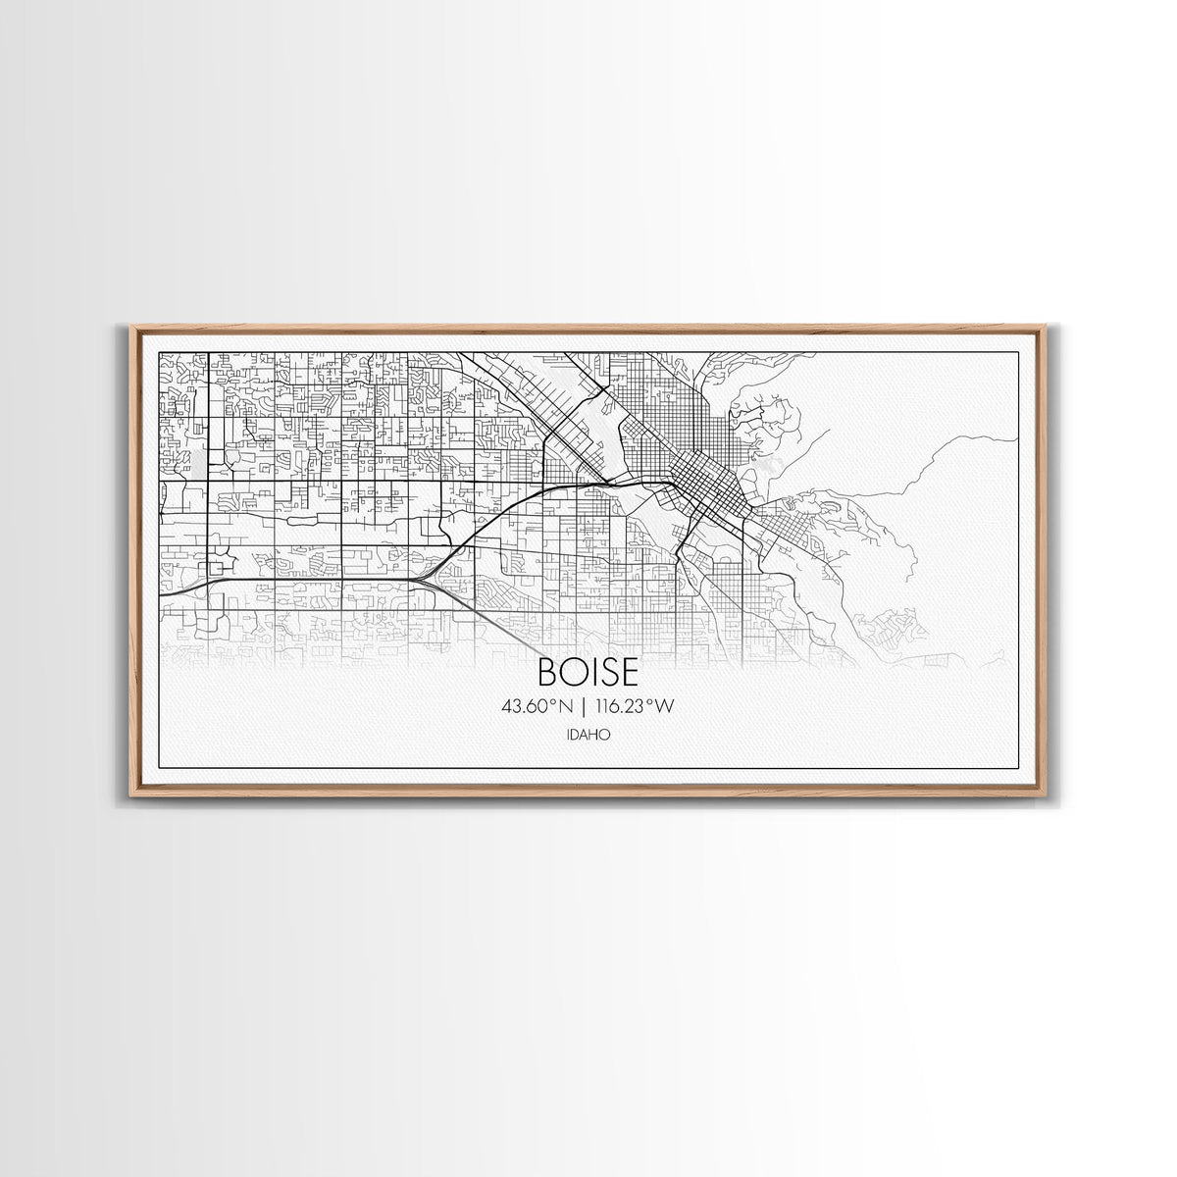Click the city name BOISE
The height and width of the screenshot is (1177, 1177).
pos(588,672)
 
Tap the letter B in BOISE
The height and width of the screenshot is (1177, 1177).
pos(547,672)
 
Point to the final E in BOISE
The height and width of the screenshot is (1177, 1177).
pos(630,672)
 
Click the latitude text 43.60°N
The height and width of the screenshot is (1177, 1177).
pos(536,706)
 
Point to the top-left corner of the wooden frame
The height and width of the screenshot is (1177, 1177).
pos(130,327)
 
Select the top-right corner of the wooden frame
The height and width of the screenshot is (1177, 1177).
pos(1048,327)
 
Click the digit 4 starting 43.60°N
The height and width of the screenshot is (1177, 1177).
pos(506,706)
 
